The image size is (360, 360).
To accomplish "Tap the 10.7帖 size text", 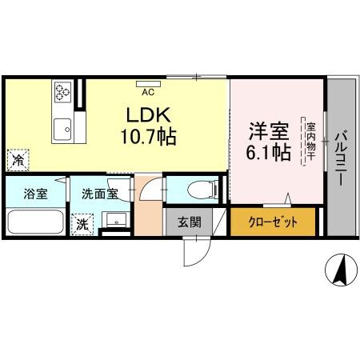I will click(x=148, y=136).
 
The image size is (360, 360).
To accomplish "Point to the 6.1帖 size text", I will click(x=267, y=153).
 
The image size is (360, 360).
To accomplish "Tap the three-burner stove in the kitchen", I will click(x=63, y=94).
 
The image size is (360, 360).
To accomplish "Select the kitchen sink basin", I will click(x=62, y=127).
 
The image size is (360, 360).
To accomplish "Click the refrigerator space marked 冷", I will click(x=18, y=159).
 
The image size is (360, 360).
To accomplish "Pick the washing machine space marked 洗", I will click(x=82, y=225).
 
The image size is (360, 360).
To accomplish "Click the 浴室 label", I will click(x=35, y=194).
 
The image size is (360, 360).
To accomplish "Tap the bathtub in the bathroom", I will click(x=36, y=222).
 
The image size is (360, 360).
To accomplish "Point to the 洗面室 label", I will click(x=100, y=194).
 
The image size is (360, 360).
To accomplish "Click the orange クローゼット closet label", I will click(x=272, y=222).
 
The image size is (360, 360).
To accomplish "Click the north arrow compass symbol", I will click(x=339, y=270).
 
